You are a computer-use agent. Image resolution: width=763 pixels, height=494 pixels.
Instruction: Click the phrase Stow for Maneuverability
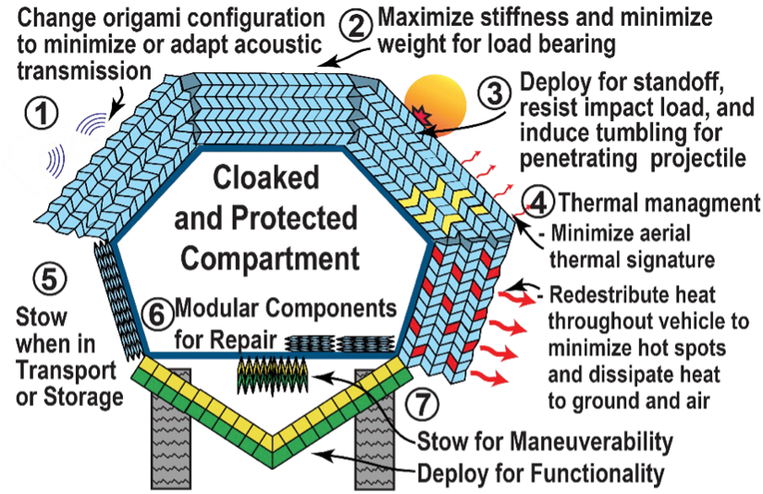[x=546, y=438]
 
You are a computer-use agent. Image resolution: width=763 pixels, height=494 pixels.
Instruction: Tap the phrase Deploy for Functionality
[x=541, y=473]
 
